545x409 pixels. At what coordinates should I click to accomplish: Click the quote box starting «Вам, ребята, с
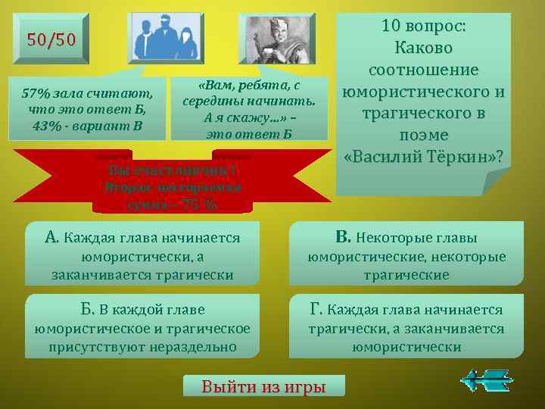pyautogui.click(x=251, y=107)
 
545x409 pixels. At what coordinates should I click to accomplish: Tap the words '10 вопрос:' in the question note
pyautogui.click(x=424, y=26)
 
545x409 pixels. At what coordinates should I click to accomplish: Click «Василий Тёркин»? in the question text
pyautogui.click(x=423, y=157)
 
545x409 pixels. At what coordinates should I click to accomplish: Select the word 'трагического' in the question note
pyautogui.click(x=424, y=113)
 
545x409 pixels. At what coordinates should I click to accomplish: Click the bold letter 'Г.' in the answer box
pyautogui.click(x=316, y=308)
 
